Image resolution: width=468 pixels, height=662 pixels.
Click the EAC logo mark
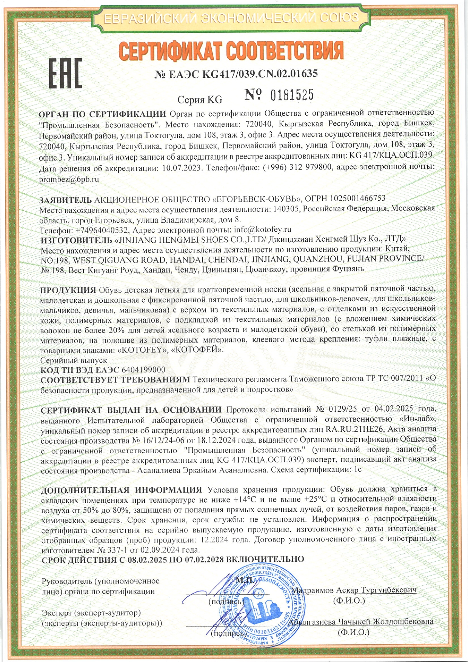click(x=65, y=74)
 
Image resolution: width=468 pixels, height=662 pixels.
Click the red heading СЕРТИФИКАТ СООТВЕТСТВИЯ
click(x=231, y=51)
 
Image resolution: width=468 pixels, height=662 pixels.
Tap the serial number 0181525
click(x=292, y=95)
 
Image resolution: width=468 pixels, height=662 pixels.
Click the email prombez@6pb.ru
click(x=69, y=179)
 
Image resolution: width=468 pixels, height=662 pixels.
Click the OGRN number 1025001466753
click(x=358, y=199)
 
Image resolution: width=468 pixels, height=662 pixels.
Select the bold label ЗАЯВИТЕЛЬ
click(x=65, y=199)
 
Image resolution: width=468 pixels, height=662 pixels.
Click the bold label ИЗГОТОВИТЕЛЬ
click(x=75, y=239)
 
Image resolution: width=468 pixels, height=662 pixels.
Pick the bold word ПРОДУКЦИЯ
click(x=68, y=290)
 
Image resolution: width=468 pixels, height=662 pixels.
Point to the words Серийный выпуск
click(x=74, y=360)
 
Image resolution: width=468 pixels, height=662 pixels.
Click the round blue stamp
click(x=261, y=603)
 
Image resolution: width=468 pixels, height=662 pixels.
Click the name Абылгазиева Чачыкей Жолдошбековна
click(x=364, y=622)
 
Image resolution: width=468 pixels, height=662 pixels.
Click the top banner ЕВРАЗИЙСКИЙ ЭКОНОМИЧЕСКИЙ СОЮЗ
click(x=231, y=17)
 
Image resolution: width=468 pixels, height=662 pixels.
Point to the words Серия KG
click(x=200, y=100)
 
